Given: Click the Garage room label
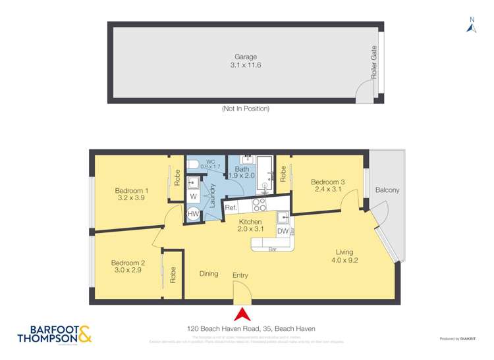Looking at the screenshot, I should pyautogui.click(x=245, y=57).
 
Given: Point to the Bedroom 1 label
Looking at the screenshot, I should pyautogui.click(x=132, y=191).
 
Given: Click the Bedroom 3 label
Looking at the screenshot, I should pyautogui.click(x=327, y=182).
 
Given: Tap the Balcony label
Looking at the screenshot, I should pyautogui.click(x=387, y=190).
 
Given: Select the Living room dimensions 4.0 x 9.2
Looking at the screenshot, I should pyautogui.click(x=344, y=260).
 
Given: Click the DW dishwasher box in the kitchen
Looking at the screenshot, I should pyautogui.click(x=282, y=231).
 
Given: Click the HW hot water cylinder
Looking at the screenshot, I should pyautogui.click(x=194, y=214).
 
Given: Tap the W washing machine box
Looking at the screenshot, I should pyautogui.click(x=194, y=197).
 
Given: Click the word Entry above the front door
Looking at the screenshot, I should pyautogui.click(x=240, y=275).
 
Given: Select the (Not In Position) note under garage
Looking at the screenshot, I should pyautogui.click(x=245, y=109).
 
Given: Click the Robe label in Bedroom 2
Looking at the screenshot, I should pyautogui.click(x=173, y=274).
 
